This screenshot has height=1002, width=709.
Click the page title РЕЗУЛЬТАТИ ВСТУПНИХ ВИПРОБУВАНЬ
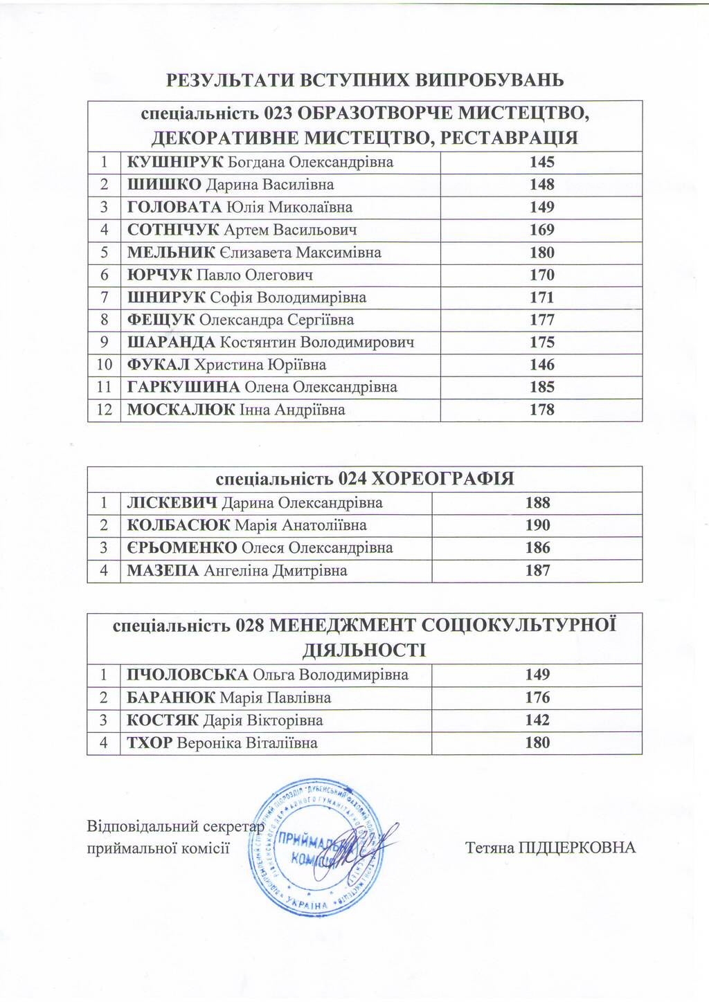(365, 80)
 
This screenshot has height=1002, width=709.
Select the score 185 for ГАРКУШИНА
(542, 388)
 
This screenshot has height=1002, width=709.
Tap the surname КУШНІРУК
(175, 163)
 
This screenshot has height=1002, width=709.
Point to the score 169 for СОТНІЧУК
(542, 230)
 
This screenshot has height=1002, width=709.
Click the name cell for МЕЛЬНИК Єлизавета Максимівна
(254, 253)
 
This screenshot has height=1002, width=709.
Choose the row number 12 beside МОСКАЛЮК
(104, 410)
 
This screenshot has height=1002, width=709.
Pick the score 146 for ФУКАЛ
(542, 365)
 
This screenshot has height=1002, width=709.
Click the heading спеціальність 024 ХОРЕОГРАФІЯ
(365, 479)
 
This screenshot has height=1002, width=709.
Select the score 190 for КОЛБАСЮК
(538, 525)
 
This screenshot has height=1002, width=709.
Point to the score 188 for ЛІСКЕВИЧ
(538, 503)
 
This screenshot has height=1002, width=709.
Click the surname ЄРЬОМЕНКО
(181, 548)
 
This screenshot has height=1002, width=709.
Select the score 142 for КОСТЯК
(538, 720)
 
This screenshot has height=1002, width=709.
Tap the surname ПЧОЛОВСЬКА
(187, 675)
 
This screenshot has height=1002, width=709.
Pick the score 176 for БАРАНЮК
(538, 698)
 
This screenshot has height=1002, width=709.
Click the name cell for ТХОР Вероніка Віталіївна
(222, 743)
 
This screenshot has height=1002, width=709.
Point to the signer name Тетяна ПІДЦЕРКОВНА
(550, 848)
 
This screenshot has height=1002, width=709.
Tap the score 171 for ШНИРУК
(542, 298)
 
